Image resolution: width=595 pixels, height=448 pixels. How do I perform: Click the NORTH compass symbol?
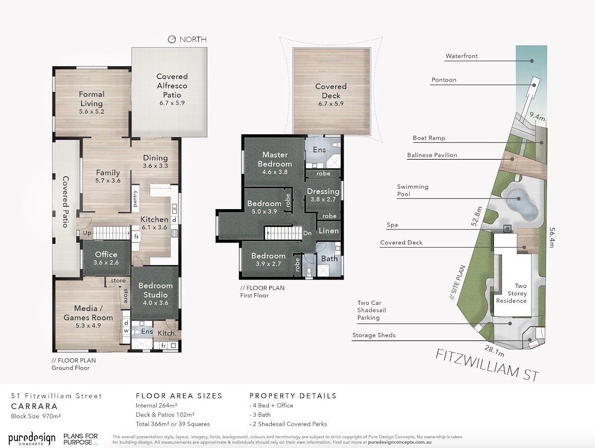click(172, 40)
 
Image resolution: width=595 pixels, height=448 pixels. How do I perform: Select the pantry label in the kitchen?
click(135, 199)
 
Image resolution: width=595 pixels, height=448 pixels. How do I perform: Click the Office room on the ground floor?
click(106, 258)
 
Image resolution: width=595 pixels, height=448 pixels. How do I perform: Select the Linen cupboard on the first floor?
click(329, 231)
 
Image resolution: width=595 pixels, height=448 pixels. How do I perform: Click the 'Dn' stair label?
click(307, 233)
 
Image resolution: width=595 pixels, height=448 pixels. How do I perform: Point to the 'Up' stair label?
click(87, 233)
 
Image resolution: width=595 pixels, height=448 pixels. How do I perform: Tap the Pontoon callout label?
click(444, 80)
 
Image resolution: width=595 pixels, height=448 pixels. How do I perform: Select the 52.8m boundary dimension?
click(477, 216)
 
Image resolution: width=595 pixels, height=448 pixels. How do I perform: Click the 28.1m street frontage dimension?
click(494, 351)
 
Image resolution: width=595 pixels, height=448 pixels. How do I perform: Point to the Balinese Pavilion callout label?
click(432, 155)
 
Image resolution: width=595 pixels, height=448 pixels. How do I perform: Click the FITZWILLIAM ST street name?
click(487, 365)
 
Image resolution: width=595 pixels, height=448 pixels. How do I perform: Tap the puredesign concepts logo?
click(32, 439)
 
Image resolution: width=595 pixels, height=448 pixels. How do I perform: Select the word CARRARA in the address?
click(34, 406)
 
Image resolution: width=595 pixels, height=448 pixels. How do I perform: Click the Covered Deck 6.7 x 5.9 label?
click(331, 95)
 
